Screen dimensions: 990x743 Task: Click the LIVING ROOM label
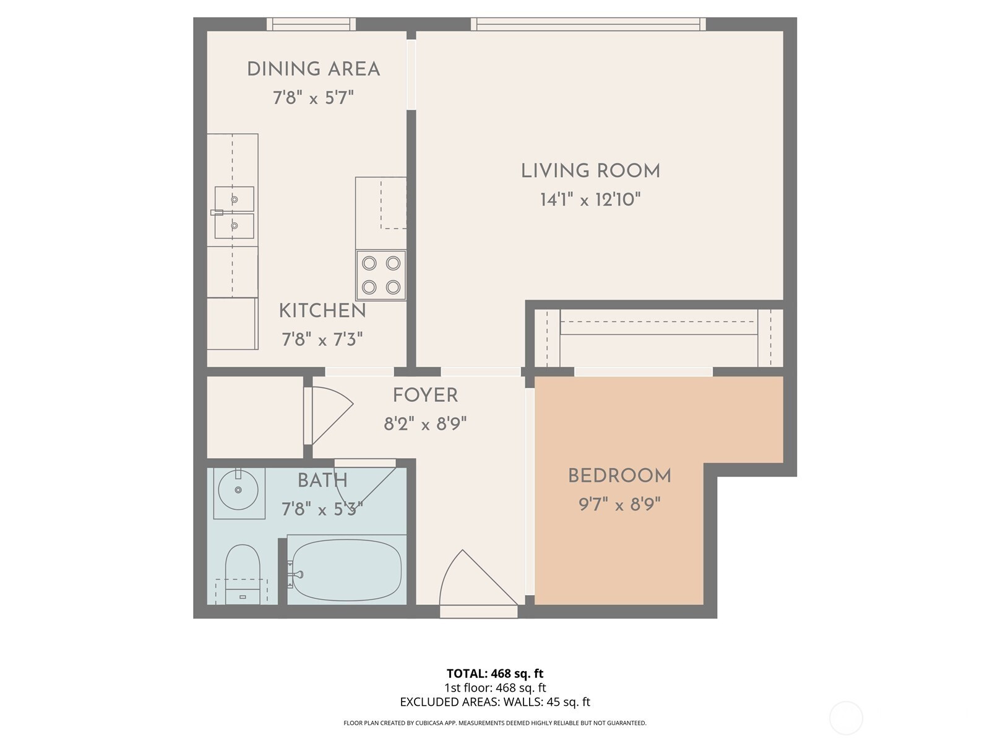590,171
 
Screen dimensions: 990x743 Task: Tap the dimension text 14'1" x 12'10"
590,199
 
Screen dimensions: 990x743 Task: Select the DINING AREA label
314,69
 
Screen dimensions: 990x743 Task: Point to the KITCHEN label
322,311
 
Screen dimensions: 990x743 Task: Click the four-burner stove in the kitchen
381,275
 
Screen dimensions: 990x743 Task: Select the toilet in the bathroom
242,575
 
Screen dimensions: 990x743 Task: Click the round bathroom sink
238,490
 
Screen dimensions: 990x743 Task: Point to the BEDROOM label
619,476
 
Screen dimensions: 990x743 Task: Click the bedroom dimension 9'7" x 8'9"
619,504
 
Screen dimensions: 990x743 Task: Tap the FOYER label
425,396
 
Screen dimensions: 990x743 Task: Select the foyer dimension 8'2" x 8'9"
425,424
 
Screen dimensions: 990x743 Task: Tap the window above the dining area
311,24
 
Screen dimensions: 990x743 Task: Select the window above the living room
588,24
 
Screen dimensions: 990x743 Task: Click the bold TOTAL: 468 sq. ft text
495,674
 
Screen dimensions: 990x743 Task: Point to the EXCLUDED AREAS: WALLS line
495,702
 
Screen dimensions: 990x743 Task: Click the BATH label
322,480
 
